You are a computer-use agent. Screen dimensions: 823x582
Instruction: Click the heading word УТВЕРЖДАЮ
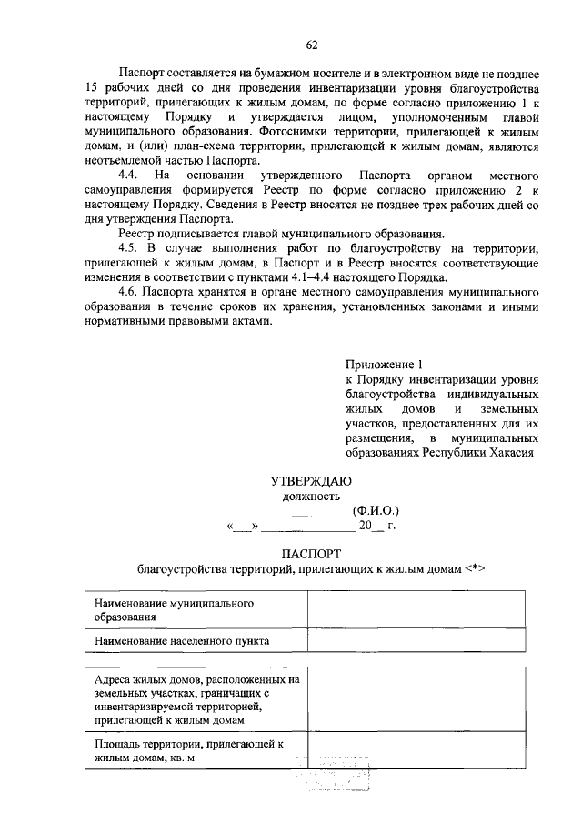point(311,480)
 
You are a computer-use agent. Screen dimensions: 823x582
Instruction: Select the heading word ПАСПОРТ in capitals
point(311,553)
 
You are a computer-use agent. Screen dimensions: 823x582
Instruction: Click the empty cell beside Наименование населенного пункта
point(416,640)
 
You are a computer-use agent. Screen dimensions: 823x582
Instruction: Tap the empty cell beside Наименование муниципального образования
point(416,609)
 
